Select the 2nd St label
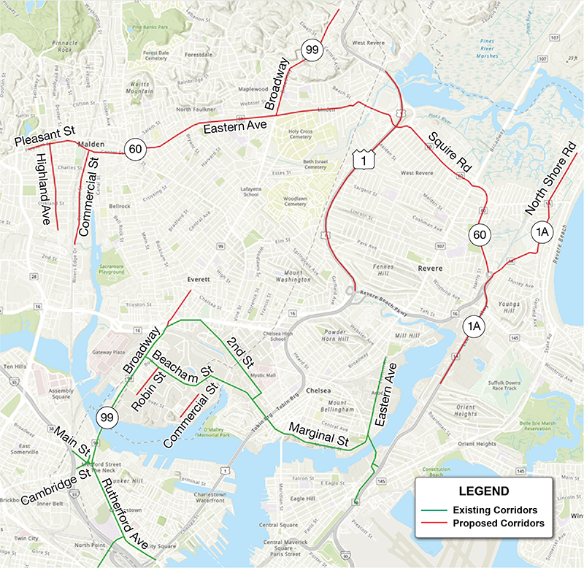[x=239, y=351]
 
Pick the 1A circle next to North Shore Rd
[x=542, y=231]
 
